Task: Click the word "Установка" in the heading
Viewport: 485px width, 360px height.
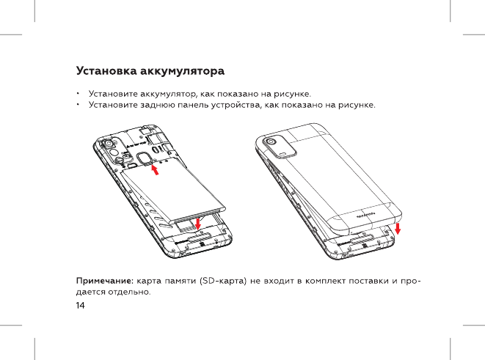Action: [x=104, y=72]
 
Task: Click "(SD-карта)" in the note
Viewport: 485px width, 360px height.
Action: [x=222, y=280]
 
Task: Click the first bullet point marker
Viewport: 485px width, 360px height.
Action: [x=77, y=95]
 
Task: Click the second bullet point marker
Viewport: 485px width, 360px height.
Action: [x=77, y=106]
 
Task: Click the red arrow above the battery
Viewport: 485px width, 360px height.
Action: [x=155, y=170]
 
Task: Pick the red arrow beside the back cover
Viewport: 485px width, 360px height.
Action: [x=398, y=230]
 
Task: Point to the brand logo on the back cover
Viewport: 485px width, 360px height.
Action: [x=366, y=216]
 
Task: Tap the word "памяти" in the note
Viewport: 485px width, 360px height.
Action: [x=180, y=280]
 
